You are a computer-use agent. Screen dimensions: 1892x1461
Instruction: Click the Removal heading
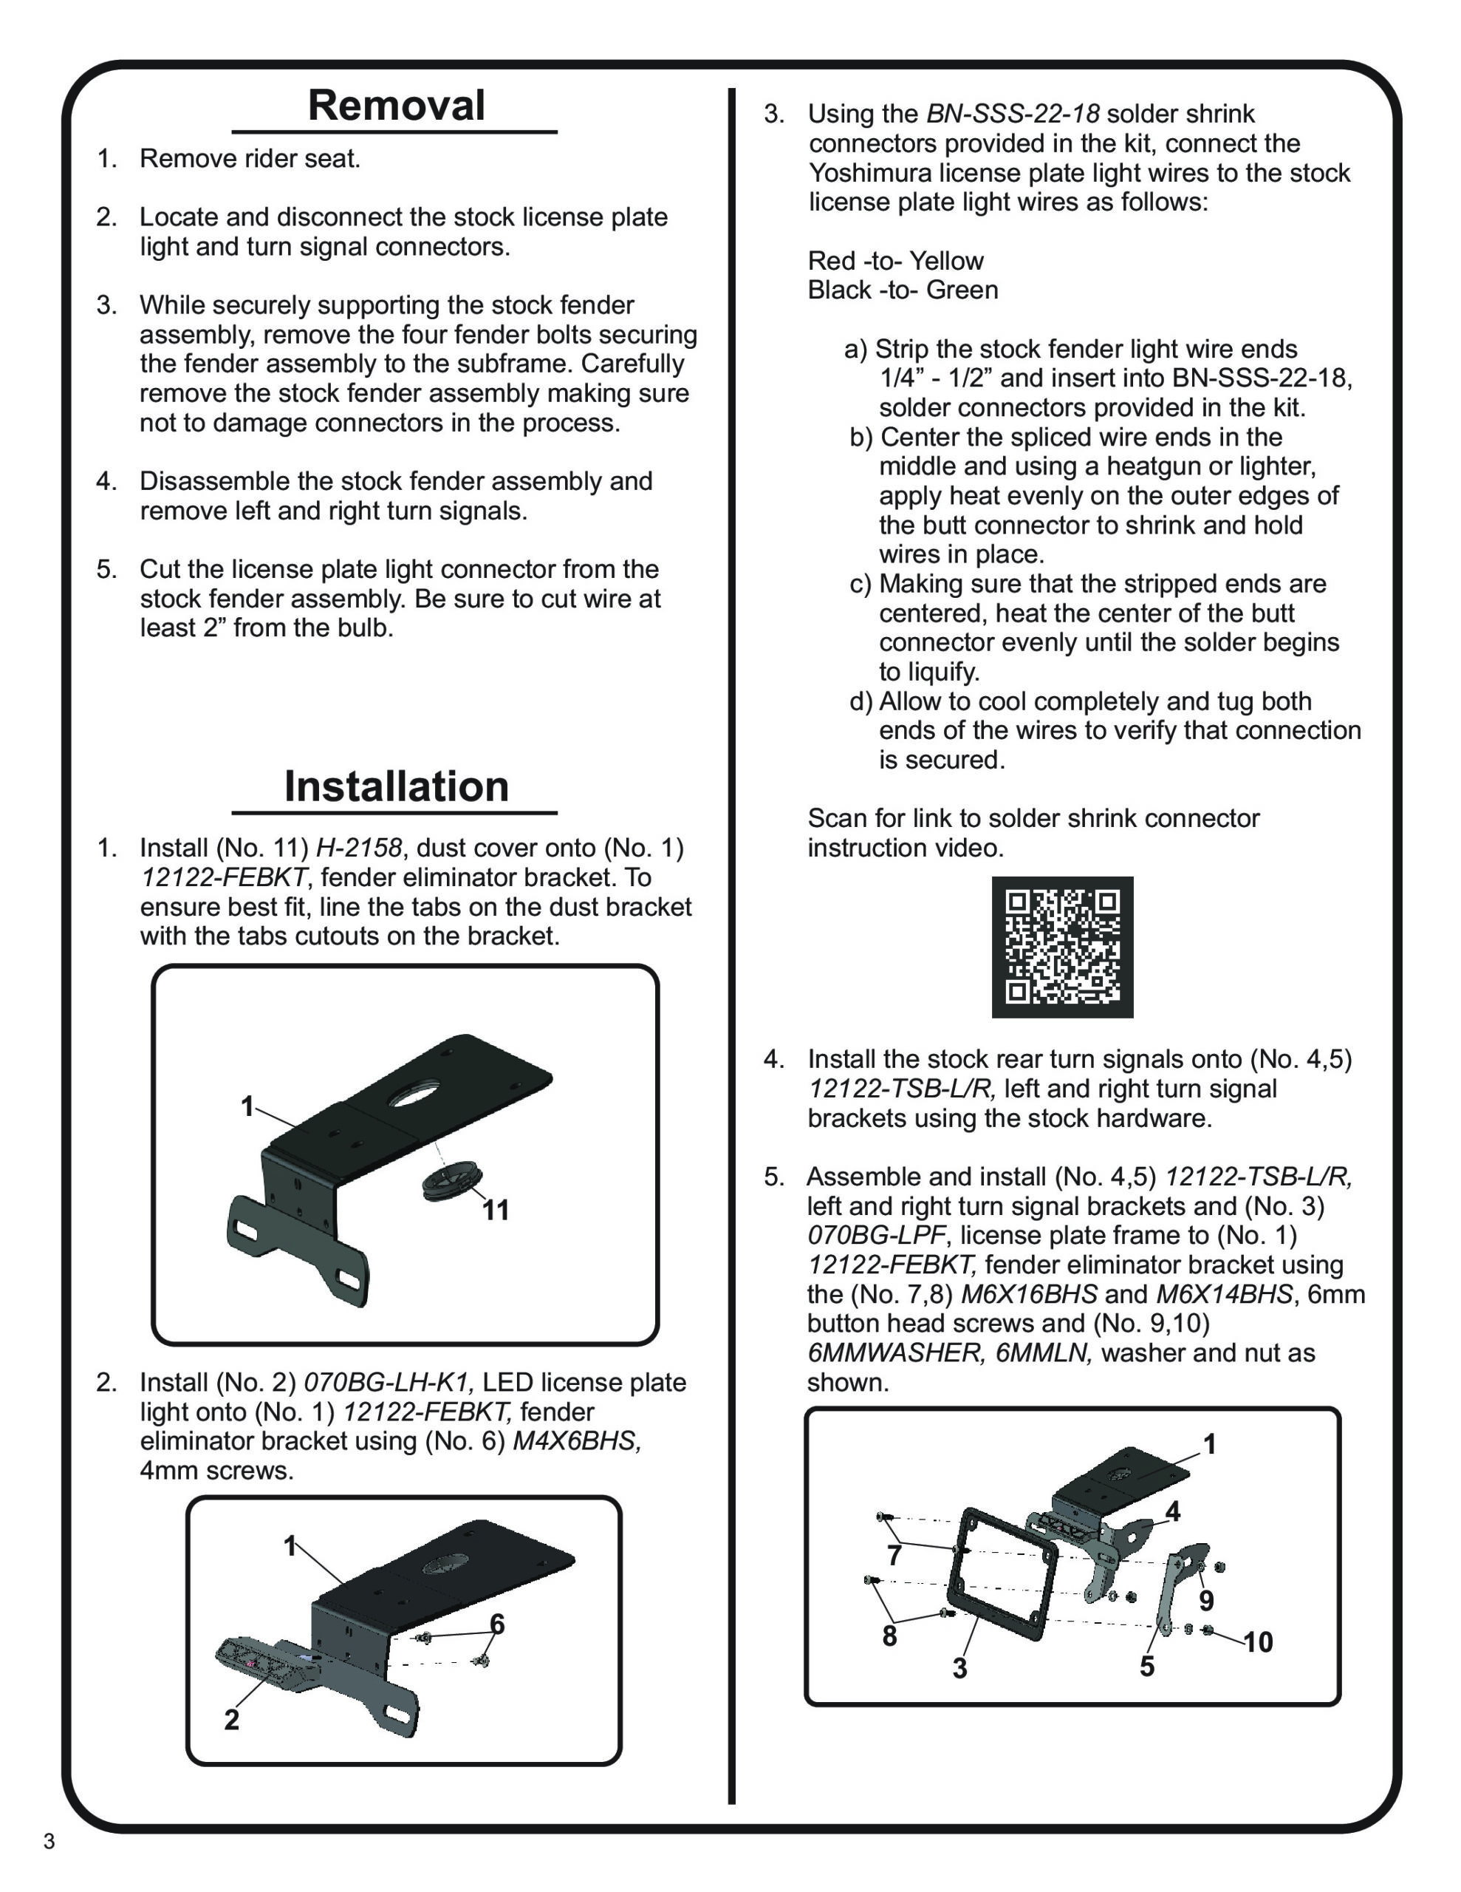396,106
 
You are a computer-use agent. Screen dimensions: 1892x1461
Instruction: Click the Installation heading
396,786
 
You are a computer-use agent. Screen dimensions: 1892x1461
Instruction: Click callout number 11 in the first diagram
496,1211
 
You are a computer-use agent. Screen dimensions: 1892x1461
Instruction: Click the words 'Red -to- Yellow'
895,261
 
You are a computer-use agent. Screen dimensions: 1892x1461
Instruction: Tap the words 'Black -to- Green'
903,290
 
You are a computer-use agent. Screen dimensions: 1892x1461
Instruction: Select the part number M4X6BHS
577,1440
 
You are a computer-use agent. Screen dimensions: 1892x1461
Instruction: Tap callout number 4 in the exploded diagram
1173,1511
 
